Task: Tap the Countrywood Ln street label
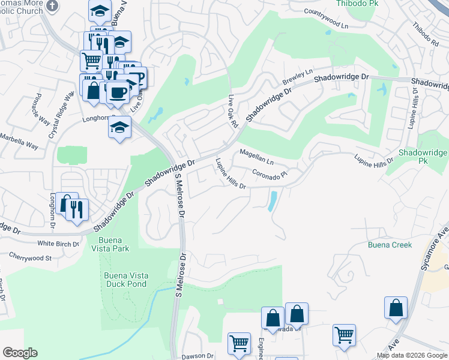tap(326, 11)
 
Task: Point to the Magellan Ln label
tap(256, 158)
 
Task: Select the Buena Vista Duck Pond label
tap(126, 280)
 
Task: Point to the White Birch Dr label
tap(58, 244)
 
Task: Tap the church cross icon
tap(52, 5)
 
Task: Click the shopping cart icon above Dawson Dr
tap(239, 343)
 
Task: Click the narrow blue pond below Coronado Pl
tap(273, 201)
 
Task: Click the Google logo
tap(20, 353)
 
